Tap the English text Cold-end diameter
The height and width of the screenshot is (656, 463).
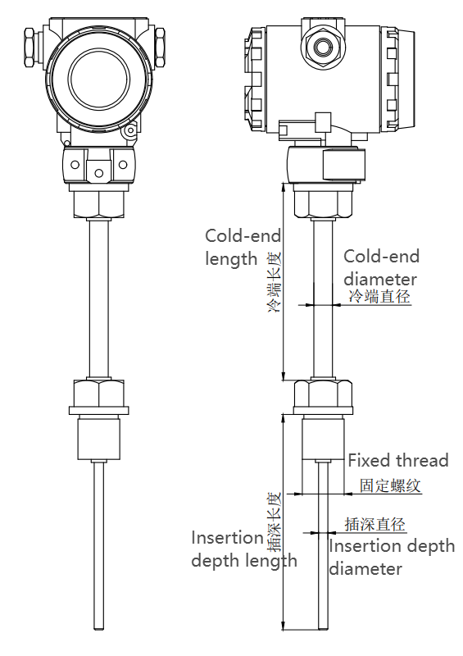point(379,266)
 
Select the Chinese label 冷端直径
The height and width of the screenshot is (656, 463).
point(379,297)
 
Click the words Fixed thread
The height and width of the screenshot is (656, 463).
point(398,460)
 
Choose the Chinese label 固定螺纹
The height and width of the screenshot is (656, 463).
point(390,485)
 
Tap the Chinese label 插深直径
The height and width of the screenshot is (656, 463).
point(374,524)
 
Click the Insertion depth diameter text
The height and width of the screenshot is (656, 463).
point(391,557)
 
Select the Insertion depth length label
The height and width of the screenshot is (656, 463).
point(243,549)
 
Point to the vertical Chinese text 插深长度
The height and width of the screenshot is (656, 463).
point(274,520)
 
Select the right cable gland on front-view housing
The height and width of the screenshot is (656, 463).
point(161,48)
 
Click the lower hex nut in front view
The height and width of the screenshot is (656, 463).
point(99,395)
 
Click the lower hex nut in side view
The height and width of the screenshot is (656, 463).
point(323,395)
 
